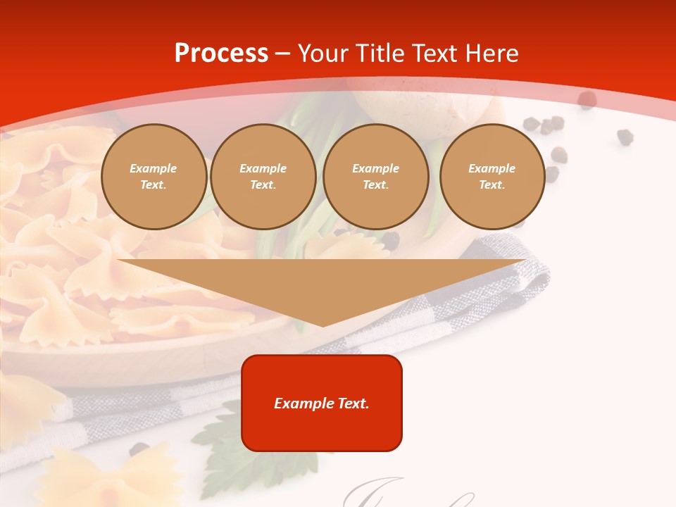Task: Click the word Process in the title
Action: tap(221, 54)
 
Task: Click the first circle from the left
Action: tap(154, 177)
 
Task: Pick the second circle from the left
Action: tap(263, 177)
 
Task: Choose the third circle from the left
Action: tap(376, 177)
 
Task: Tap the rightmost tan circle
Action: tap(492, 177)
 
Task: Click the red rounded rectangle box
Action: tap(322, 403)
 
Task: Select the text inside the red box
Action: tap(322, 403)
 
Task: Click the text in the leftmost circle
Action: tap(154, 177)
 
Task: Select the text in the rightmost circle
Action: tap(492, 177)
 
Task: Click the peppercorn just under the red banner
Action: tap(587, 100)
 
